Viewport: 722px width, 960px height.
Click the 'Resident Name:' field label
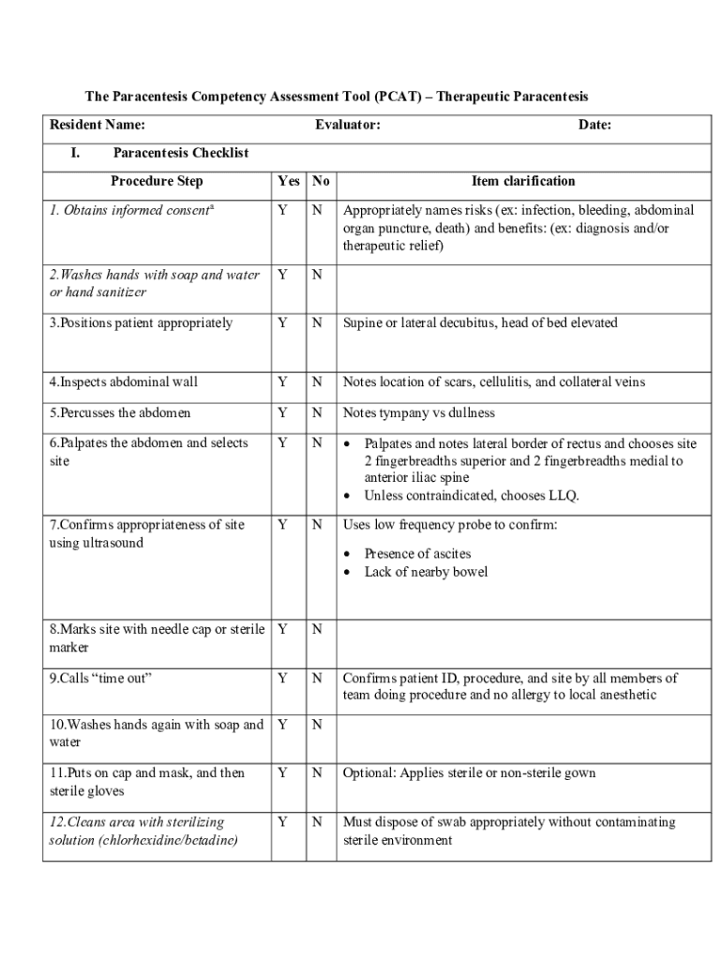[97, 125]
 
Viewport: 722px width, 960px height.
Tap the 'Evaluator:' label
[347, 125]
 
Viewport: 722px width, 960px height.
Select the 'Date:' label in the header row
[594, 125]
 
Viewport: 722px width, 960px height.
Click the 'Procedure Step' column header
[156, 181]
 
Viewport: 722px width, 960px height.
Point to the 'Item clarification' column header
[523, 181]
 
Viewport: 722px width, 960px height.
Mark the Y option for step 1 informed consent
[282, 210]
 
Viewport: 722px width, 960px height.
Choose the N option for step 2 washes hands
[317, 275]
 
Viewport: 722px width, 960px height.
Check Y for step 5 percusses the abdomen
[282, 412]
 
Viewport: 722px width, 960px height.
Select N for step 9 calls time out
[317, 678]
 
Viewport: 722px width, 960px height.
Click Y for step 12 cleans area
[282, 822]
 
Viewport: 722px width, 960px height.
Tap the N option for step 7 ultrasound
[317, 525]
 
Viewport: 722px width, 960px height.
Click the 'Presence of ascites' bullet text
[417, 553]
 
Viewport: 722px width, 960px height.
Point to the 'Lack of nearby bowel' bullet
[426, 572]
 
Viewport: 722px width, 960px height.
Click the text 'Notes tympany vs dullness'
[418, 412]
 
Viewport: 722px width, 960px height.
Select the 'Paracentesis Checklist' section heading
[180, 153]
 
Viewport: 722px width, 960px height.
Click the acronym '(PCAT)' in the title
[400, 97]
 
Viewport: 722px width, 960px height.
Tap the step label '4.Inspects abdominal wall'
[124, 382]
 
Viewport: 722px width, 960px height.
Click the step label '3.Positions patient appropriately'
[141, 322]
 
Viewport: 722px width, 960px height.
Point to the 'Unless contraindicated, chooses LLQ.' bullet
[472, 496]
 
